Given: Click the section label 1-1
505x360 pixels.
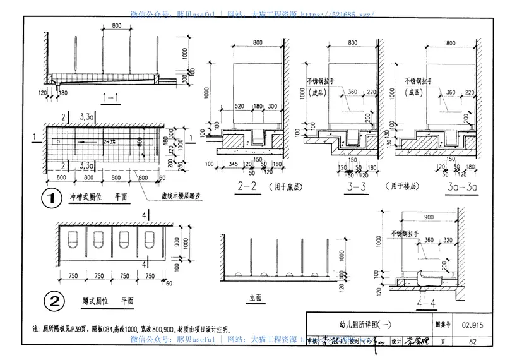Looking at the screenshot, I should pos(111,99).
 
